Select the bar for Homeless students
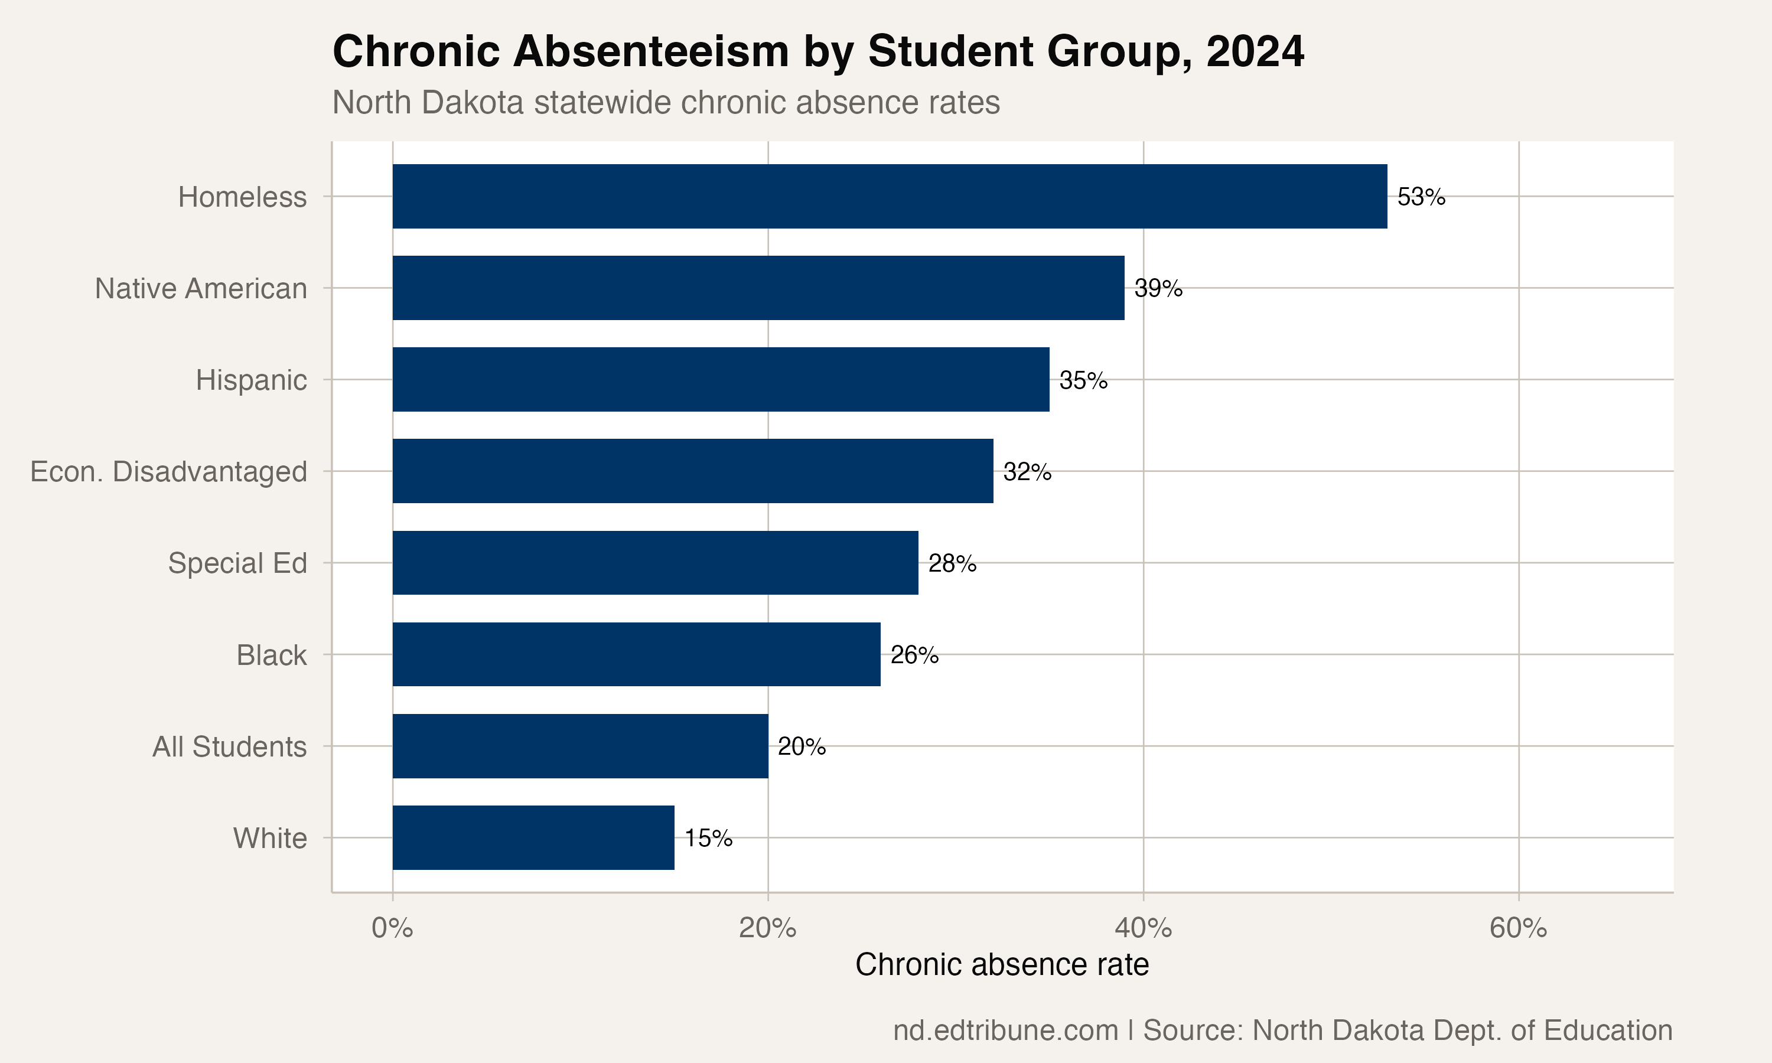coord(890,196)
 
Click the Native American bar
coord(758,288)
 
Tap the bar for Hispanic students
coord(721,380)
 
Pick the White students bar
coord(533,837)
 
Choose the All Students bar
coord(580,746)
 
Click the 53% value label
coord(1421,197)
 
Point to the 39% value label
coord(1158,289)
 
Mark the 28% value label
coord(952,564)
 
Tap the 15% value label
coord(708,838)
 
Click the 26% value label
coord(914,655)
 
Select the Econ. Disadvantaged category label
coord(168,472)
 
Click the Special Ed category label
coord(237,564)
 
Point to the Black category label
coord(272,656)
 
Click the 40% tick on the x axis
coord(1143,928)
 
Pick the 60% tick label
coord(1519,928)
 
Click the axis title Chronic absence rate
coord(1001,965)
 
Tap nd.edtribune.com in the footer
coord(1005,1031)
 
